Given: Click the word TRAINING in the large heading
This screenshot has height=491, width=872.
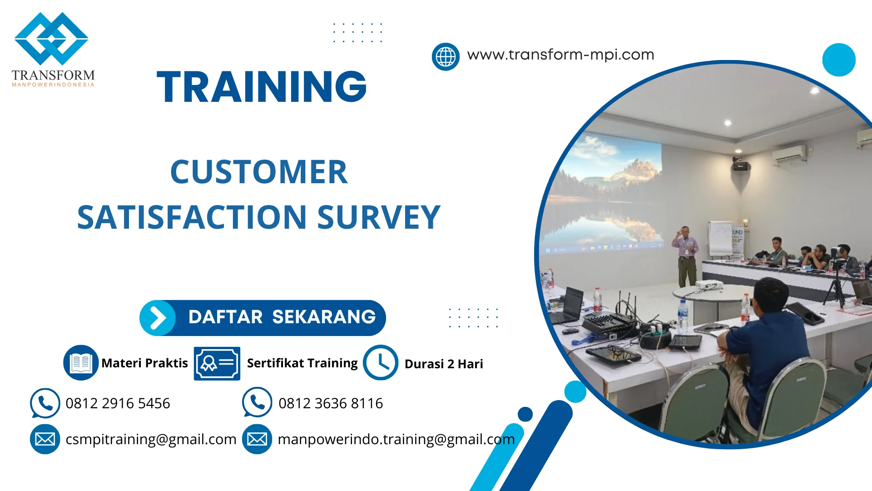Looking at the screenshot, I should coord(262,87).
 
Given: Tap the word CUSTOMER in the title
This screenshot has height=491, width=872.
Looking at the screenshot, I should coord(259,172).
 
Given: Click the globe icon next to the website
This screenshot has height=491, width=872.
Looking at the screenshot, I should coord(446,57).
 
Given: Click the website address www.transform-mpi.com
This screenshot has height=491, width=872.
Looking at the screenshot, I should coord(560,55).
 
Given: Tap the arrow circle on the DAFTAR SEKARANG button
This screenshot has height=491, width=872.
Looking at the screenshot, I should coord(157,318).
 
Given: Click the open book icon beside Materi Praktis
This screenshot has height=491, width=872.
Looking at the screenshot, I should coord(81,363).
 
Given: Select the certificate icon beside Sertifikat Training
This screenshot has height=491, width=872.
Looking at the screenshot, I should coord(217,363).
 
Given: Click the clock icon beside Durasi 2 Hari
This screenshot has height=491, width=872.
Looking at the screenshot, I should coord(381,363).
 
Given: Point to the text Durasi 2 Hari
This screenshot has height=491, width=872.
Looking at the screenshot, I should coord(443,364).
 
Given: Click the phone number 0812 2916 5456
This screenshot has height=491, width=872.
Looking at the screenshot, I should coord(118,403).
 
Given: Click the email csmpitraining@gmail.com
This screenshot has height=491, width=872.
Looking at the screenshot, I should coord(151,439).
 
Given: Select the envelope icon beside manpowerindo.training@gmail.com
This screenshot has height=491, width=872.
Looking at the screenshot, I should coord(257,439).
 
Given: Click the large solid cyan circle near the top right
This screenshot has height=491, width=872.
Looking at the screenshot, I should coord(838,60).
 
